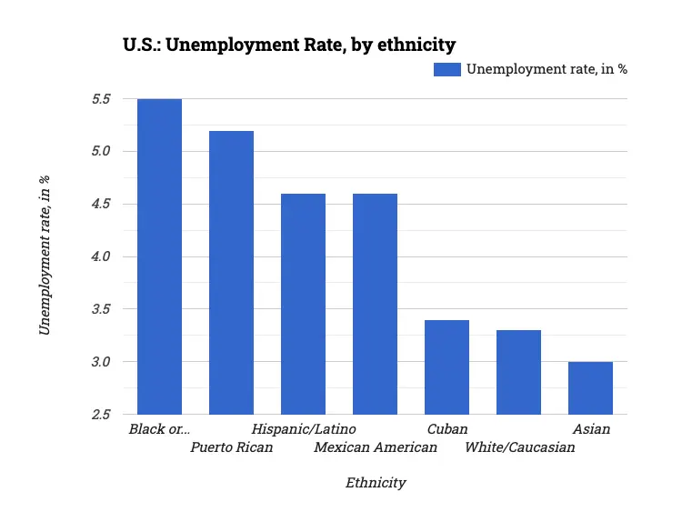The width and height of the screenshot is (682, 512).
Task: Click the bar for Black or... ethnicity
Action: pos(159,256)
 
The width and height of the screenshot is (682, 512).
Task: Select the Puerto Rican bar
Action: pos(231,273)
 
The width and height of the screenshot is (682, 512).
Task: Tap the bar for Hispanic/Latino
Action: pos(303,304)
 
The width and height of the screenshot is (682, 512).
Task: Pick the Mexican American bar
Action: pos(375,304)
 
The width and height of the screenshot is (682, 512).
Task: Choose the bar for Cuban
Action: pos(446,367)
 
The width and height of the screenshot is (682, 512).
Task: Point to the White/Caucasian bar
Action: pos(518,372)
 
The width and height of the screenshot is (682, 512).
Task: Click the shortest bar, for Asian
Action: pos(590,388)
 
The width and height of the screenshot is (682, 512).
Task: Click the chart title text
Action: pos(289,44)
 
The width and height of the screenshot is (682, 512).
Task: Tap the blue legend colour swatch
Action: pos(446,69)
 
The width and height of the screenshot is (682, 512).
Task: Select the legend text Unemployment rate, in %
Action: pos(547,69)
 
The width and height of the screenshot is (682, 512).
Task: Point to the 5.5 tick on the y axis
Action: pos(100,99)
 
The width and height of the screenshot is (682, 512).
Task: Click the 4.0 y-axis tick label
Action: pos(100,256)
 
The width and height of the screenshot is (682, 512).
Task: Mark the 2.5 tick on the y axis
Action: pos(100,415)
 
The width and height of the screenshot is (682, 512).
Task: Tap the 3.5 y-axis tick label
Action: pos(100,309)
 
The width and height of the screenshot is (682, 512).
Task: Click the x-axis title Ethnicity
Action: pos(376,482)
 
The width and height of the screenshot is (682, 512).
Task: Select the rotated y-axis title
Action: pos(45,256)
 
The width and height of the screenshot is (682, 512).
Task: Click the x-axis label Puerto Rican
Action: pos(231,447)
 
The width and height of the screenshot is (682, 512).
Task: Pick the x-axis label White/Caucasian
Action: pos(519,447)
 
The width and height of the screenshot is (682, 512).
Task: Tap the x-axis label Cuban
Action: pos(446,428)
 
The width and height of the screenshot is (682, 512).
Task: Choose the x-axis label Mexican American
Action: pos(375,447)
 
